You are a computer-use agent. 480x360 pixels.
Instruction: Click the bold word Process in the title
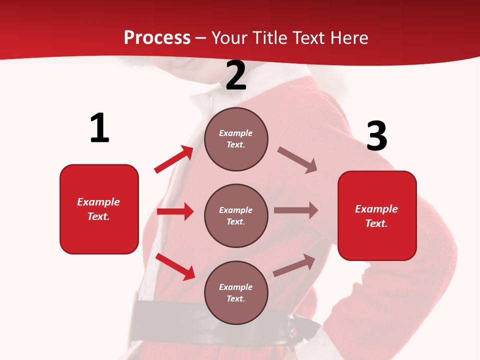[x=157, y=38]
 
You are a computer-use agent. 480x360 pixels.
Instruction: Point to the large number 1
[x=99, y=128]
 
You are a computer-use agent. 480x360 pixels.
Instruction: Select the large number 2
[x=236, y=75]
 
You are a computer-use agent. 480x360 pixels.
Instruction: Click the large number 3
[x=376, y=136]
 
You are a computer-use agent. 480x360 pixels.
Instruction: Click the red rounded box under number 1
[x=99, y=209]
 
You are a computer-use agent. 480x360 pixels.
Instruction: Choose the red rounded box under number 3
[x=377, y=215]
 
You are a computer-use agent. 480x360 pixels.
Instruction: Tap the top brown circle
[x=236, y=139]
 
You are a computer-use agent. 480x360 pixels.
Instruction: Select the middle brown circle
[x=236, y=215]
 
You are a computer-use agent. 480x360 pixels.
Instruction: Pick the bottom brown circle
[x=236, y=292]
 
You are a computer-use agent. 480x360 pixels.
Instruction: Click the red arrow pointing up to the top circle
[x=174, y=159]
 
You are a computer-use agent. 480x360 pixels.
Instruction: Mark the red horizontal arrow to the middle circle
[x=175, y=211]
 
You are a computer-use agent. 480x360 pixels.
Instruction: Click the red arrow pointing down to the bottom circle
[x=175, y=266]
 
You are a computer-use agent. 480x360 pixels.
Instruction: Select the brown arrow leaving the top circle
[x=297, y=160]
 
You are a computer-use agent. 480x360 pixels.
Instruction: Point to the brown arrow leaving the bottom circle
[x=294, y=265]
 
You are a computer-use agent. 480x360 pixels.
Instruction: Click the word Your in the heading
[x=230, y=38]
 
